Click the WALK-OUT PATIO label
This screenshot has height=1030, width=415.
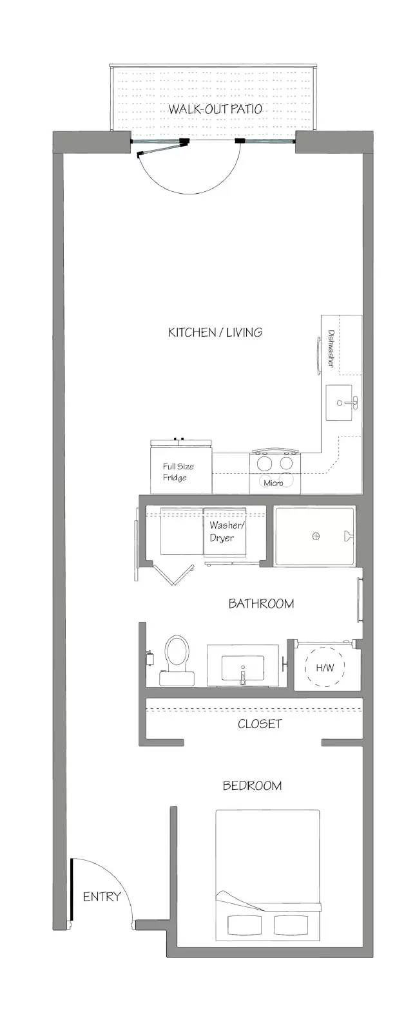215,109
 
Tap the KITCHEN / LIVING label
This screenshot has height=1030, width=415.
215,332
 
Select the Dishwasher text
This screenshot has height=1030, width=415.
331,348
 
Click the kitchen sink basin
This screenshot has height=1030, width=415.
340,403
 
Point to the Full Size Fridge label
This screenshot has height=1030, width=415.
178,472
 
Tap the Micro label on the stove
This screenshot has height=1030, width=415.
273,483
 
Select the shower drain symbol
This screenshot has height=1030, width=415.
316,536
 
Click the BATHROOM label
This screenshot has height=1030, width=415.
262,603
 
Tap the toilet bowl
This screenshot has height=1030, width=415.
178,652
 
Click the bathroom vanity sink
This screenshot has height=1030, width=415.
243,668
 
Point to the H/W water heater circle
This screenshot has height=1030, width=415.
325,667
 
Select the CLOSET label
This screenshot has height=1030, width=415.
260,724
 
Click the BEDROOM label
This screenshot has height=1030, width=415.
252,785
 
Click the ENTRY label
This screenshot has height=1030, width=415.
102,896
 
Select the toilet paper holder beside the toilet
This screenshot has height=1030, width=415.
150,657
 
